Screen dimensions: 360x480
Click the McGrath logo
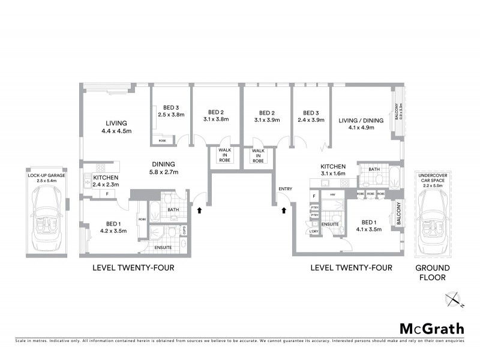pyautogui.click(x=431, y=328)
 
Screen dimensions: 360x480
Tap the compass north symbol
pyautogui.click(x=454, y=299)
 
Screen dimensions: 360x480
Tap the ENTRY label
pyautogui.click(x=284, y=190)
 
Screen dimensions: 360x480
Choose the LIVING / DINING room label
pyautogui.click(x=360, y=124)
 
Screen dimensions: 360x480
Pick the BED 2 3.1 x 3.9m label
pyautogui.click(x=267, y=116)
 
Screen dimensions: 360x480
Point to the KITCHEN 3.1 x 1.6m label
pyautogui.click(x=333, y=170)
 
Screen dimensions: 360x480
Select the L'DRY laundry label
pyautogui.click(x=313, y=231)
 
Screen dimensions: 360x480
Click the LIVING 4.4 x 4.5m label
pyautogui.click(x=116, y=127)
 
